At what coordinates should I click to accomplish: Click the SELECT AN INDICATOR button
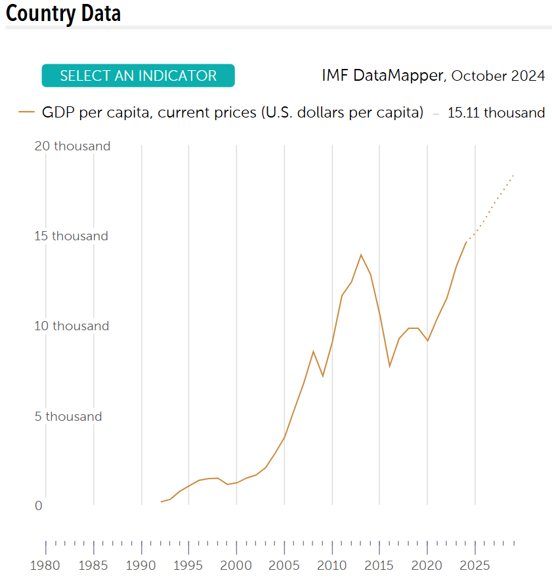138,75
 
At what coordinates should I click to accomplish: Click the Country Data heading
64,13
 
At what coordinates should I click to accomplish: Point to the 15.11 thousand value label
496,113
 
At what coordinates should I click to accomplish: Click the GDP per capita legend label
232,113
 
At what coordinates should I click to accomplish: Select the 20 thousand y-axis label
72,146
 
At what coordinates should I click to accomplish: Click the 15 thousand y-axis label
71,236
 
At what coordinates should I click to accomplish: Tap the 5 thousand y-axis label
68,417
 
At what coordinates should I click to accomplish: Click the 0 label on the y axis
39,506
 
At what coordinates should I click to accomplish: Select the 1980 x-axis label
46,565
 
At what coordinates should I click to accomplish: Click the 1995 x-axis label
188,565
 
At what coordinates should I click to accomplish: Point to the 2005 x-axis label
284,565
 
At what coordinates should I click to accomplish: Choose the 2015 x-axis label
379,565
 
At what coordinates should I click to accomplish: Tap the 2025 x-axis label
475,565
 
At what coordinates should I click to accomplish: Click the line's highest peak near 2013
360,255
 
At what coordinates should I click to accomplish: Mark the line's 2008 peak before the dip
313,351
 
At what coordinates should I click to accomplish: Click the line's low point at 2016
389,366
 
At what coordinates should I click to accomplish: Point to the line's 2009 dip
322,376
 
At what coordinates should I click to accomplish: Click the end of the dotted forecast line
513,175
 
